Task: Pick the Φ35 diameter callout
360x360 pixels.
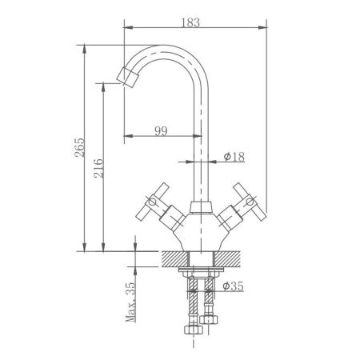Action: [x=233, y=286]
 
